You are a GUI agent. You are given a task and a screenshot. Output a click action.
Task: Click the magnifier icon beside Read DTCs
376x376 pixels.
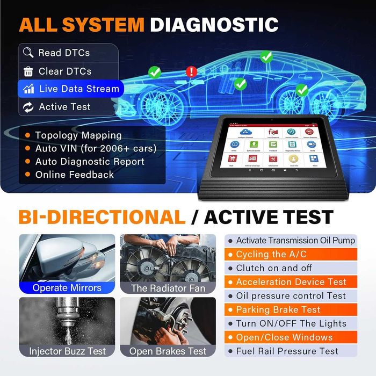[x=28, y=53]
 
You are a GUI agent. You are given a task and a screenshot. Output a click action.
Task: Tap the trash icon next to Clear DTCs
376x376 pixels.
[x=28, y=71]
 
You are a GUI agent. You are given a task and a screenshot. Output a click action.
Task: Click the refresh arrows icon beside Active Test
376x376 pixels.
[x=28, y=107]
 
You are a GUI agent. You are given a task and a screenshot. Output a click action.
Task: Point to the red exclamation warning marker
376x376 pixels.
[x=191, y=71]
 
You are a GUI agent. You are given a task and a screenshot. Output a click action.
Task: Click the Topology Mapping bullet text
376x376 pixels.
[x=78, y=135]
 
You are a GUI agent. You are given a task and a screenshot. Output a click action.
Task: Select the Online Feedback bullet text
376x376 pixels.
[x=75, y=175]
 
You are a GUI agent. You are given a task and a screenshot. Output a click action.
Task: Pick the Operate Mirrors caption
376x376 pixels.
[x=67, y=287]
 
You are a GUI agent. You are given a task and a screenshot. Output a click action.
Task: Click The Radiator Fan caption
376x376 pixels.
[x=168, y=288]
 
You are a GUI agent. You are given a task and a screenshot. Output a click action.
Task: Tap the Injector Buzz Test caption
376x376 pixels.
[x=67, y=351]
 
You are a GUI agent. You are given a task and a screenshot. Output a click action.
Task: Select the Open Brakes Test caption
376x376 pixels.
[x=168, y=351]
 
